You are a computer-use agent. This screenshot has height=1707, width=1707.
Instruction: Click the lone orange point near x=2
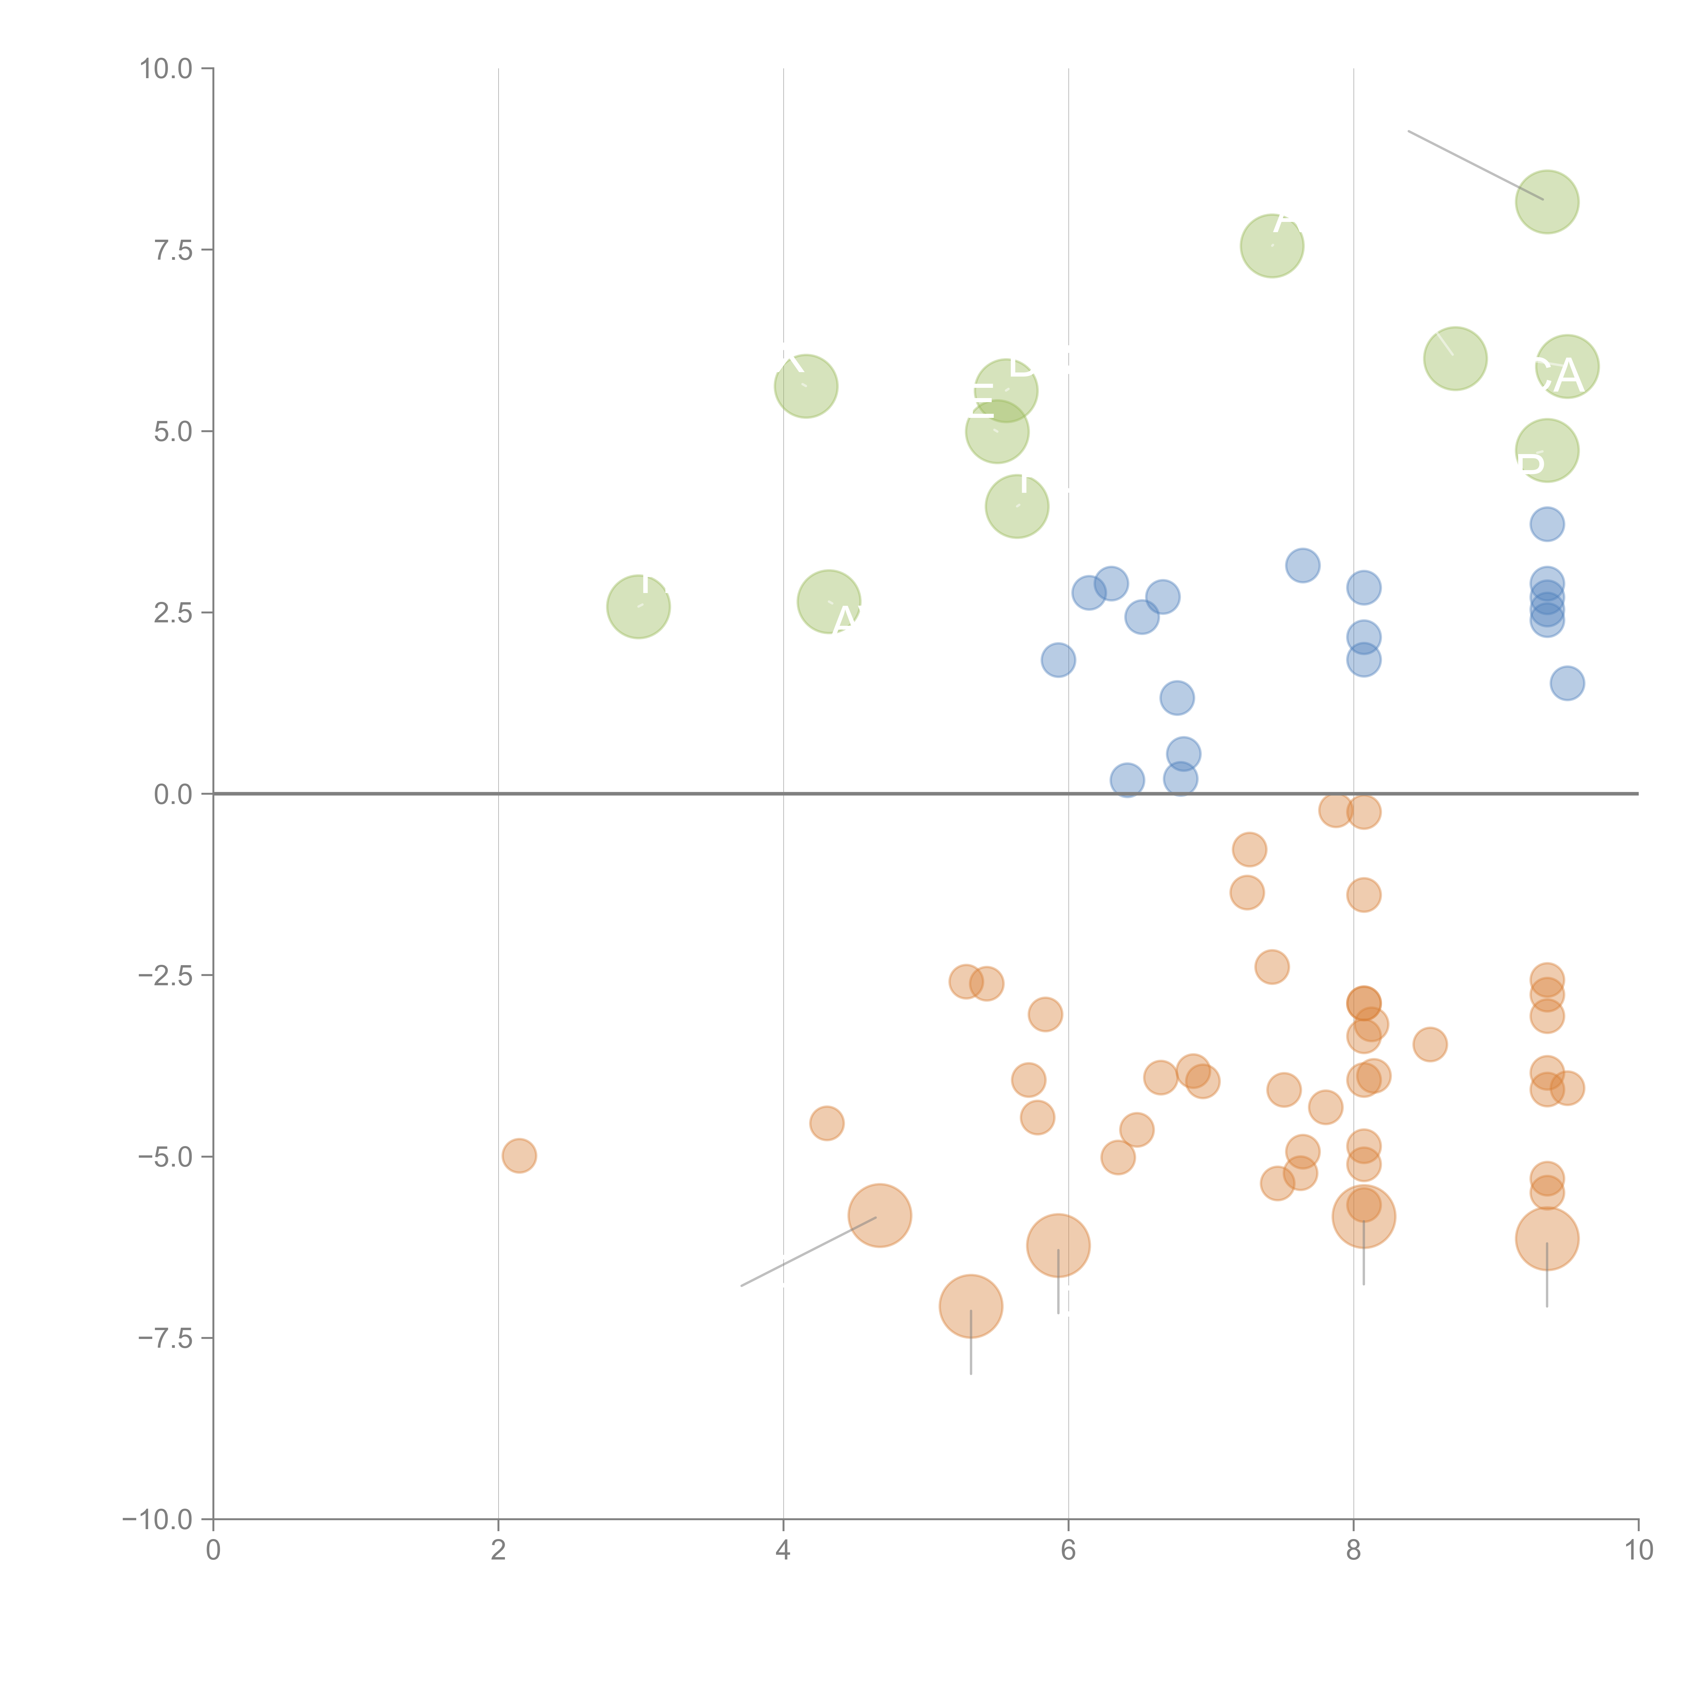[x=519, y=1156]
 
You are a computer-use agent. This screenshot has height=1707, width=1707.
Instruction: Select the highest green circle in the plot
[x=1547, y=201]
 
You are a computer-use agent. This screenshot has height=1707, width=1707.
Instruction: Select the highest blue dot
[x=1547, y=524]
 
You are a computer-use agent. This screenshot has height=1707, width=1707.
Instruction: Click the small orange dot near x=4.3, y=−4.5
[x=826, y=1123]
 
